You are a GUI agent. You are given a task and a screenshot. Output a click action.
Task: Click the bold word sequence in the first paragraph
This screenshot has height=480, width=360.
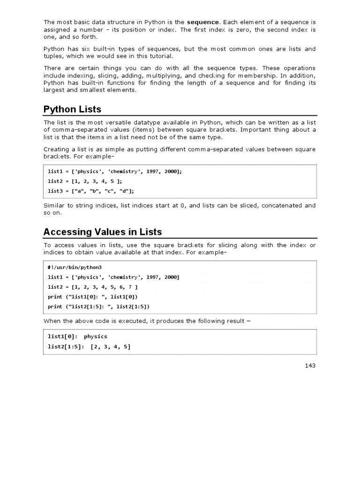(202, 22)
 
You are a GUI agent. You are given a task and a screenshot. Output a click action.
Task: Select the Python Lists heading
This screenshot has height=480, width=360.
(72, 109)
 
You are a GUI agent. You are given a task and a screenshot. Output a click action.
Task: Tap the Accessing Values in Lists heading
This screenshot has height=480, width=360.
(102, 232)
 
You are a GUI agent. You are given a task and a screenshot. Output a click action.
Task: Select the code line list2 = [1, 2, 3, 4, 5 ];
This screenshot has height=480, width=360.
(87, 181)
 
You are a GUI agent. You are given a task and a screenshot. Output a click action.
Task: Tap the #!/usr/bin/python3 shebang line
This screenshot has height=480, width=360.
(71, 267)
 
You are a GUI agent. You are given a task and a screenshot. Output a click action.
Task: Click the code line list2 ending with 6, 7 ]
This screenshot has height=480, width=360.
(93, 287)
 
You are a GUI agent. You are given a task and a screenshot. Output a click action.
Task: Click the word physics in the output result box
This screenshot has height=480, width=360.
(96, 337)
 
